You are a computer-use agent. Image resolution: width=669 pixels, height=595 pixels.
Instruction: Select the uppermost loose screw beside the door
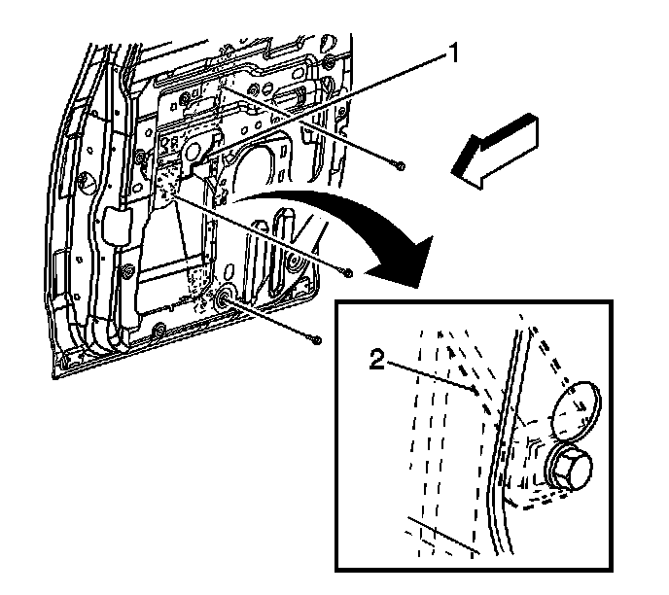point(401,165)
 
